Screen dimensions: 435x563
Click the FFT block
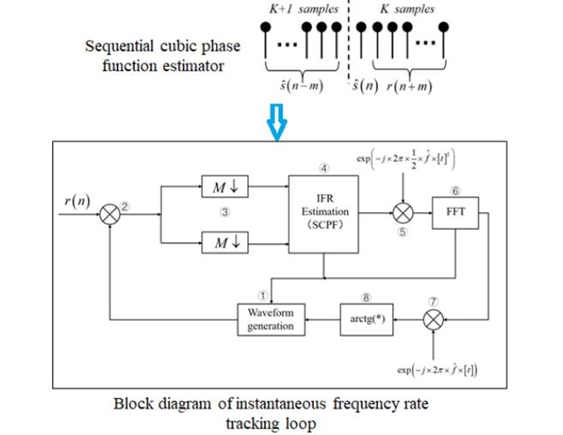(x=451, y=212)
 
